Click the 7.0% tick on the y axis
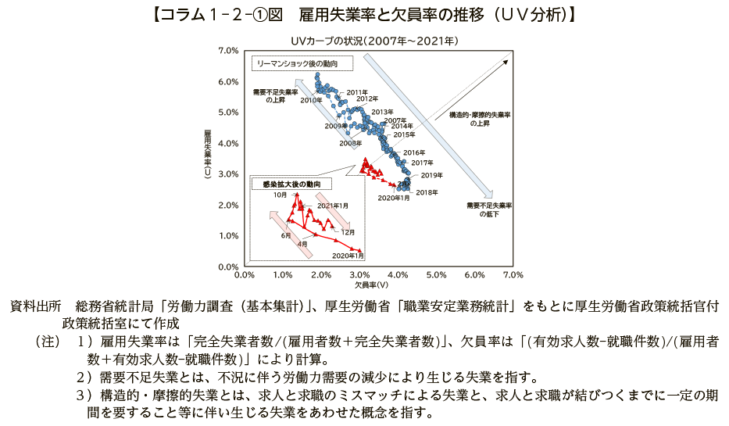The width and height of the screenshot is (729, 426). tap(228, 51)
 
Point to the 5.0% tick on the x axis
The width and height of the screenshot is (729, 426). tap(436, 275)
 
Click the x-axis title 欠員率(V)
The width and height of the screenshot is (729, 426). tap(379, 284)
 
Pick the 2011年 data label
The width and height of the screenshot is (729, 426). tap(357, 92)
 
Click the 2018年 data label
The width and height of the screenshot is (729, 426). tap(427, 192)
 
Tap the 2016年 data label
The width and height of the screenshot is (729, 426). tap(414, 152)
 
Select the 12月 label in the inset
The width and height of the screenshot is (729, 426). tap(348, 232)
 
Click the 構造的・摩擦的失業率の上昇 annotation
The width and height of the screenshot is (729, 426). tap(480, 119)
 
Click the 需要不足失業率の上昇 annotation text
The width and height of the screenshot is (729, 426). tap(276, 96)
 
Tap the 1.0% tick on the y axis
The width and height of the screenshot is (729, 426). tap(228, 235)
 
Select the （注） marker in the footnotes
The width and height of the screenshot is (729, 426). tap(47, 342)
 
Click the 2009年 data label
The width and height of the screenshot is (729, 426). tap(334, 126)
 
